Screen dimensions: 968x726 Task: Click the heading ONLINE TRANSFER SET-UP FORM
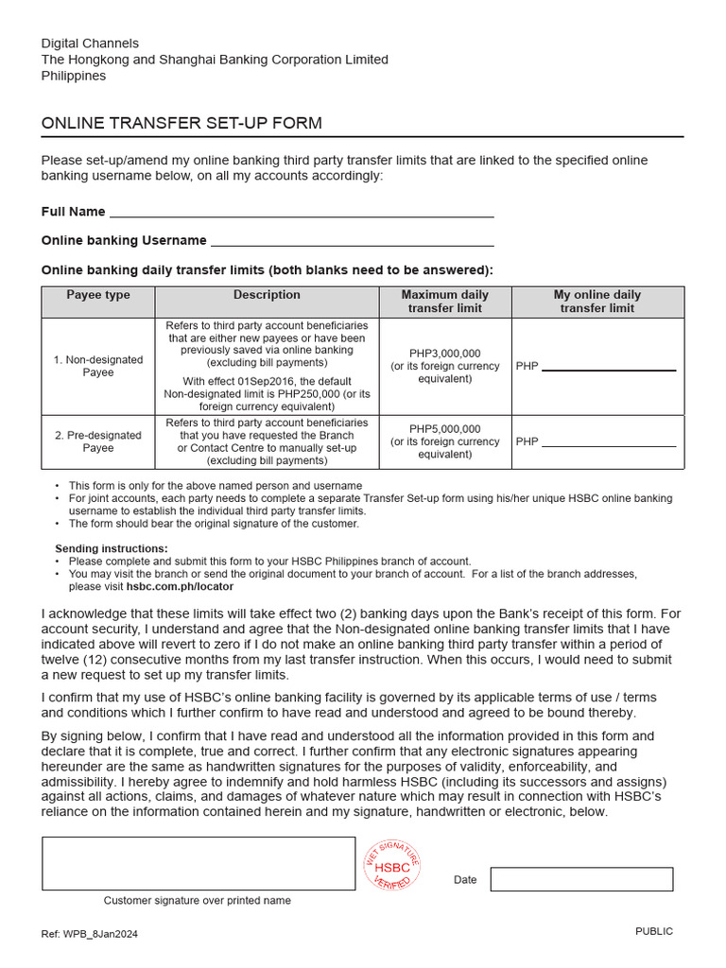click(181, 124)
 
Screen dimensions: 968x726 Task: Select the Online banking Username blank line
click(352, 241)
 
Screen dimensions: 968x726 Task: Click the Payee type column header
click(98, 295)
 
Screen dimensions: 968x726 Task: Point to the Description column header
click(267, 295)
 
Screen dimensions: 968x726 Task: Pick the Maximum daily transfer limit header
click(445, 302)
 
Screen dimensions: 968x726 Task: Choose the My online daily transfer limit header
click(597, 302)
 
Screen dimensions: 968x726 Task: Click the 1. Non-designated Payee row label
click(98, 366)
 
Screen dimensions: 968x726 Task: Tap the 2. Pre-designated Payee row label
click(98, 441)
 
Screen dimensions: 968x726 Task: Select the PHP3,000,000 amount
click(445, 354)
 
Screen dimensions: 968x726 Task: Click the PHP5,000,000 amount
click(445, 429)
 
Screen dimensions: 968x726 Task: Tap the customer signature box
click(199, 863)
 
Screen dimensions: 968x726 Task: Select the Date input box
click(581, 879)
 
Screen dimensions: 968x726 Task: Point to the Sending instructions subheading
click(112, 548)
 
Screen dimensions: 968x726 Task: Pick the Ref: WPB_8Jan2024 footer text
click(90, 934)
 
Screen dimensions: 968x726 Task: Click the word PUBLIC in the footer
click(654, 931)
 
